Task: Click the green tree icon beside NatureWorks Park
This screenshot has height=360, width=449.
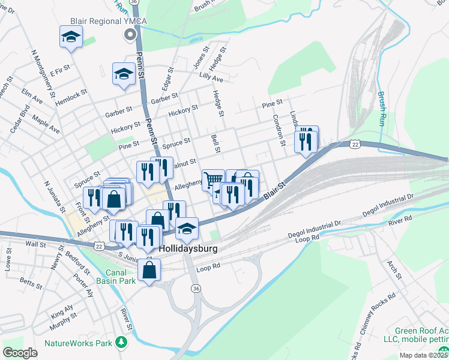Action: (122, 342)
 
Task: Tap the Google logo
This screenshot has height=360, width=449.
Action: (20, 353)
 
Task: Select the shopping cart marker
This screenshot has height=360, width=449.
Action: (213, 179)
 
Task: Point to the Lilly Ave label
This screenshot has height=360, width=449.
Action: (211, 79)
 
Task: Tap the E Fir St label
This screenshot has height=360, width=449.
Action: (60, 71)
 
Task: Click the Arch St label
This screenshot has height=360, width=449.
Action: (394, 269)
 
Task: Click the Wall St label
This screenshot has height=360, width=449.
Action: (36, 244)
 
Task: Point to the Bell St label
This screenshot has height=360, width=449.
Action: (216, 143)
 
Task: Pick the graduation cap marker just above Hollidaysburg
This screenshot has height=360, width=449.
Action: (187, 228)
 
